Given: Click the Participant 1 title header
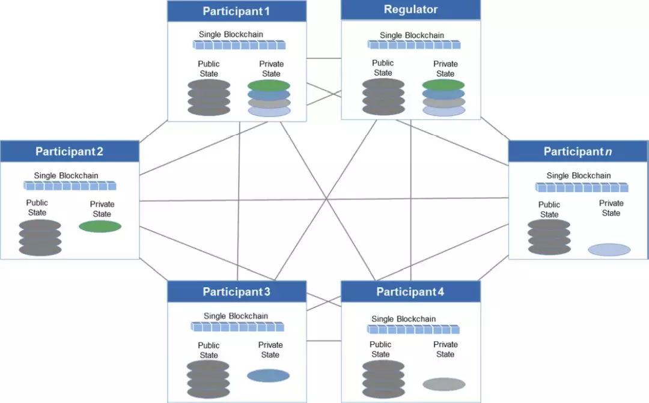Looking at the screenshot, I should [237, 11].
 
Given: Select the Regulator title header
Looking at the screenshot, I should [410, 10].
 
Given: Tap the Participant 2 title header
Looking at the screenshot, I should [70, 151].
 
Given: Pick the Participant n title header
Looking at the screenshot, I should [578, 151].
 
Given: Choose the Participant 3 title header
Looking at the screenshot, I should [237, 292].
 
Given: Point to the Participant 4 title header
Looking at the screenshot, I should [410, 292].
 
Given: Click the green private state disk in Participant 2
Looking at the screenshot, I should [100, 226].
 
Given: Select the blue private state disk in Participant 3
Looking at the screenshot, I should [268, 375].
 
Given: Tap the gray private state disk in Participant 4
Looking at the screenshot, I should [443, 384].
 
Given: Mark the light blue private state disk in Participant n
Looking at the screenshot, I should [609, 250].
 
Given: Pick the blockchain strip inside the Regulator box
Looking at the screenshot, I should [414, 44].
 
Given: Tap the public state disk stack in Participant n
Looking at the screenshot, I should [549, 237].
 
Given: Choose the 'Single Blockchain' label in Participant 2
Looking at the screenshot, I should [66, 175].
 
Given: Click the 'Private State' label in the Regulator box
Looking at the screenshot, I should [445, 68].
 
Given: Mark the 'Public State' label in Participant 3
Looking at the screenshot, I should [209, 350].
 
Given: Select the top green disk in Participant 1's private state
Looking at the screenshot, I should [269, 85].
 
